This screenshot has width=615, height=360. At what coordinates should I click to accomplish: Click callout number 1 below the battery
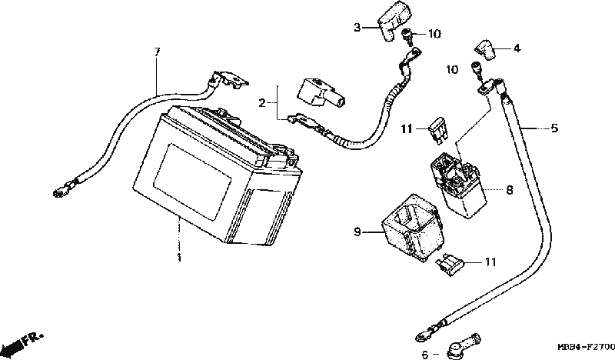(179, 258)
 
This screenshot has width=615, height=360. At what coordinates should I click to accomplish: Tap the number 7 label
(157, 52)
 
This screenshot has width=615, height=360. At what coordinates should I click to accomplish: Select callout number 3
(357, 28)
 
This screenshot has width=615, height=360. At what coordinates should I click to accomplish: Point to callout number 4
(517, 48)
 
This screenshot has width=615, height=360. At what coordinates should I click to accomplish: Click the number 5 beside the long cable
(554, 128)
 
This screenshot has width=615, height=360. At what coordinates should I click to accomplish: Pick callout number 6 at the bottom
(425, 355)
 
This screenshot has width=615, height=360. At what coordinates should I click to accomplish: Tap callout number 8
(509, 190)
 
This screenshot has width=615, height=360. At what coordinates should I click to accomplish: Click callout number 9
(357, 232)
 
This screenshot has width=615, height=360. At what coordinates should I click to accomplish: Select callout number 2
(262, 103)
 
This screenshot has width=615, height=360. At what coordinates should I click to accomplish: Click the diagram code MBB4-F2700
(587, 347)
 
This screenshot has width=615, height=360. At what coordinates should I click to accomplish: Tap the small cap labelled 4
(486, 50)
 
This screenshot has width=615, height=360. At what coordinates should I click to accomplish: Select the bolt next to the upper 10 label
(407, 35)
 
